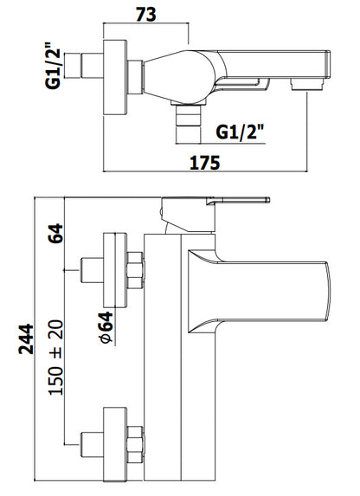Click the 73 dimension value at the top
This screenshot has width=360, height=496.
coord(146,14)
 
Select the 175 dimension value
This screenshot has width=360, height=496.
coord(205,163)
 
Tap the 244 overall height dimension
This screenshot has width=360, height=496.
coord(26,338)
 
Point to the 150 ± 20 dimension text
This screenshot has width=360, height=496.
coord(56,358)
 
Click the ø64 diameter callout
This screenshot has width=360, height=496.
coord(106,327)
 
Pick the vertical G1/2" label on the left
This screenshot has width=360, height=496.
coord(53,66)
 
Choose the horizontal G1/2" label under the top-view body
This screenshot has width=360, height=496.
coord(240,132)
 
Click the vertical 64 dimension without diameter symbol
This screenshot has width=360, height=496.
coord(55,233)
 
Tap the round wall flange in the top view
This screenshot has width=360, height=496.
coord(115,77)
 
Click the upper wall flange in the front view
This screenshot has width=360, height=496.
coord(115,270)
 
